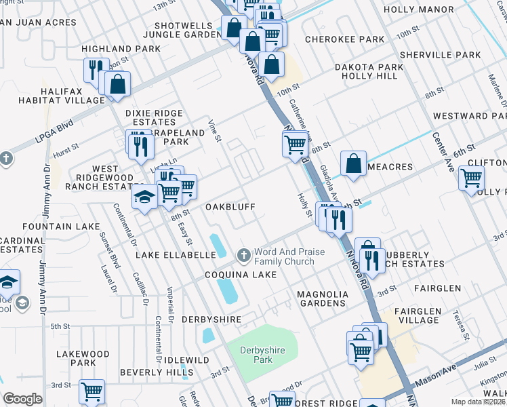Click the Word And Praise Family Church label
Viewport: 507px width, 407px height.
[x=284, y=256]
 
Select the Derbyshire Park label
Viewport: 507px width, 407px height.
[x=256, y=355]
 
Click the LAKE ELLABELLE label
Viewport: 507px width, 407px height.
[x=176, y=255]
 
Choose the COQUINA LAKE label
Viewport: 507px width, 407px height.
[x=241, y=275]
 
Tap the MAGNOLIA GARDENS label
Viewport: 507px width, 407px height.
[x=323, y=298]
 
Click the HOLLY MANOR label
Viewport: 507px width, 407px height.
[x=418, y=9]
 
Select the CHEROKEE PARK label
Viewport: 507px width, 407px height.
[x=344, y=40]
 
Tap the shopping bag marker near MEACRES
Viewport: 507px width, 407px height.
[x=354, y=163]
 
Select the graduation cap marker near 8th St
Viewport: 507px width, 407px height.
[x=144, y=197]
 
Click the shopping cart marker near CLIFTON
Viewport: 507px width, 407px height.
[x=471, y=178]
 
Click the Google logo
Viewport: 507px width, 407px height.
[x=22, y=399]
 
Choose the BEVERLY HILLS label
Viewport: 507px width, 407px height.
[x=156, y=372]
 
